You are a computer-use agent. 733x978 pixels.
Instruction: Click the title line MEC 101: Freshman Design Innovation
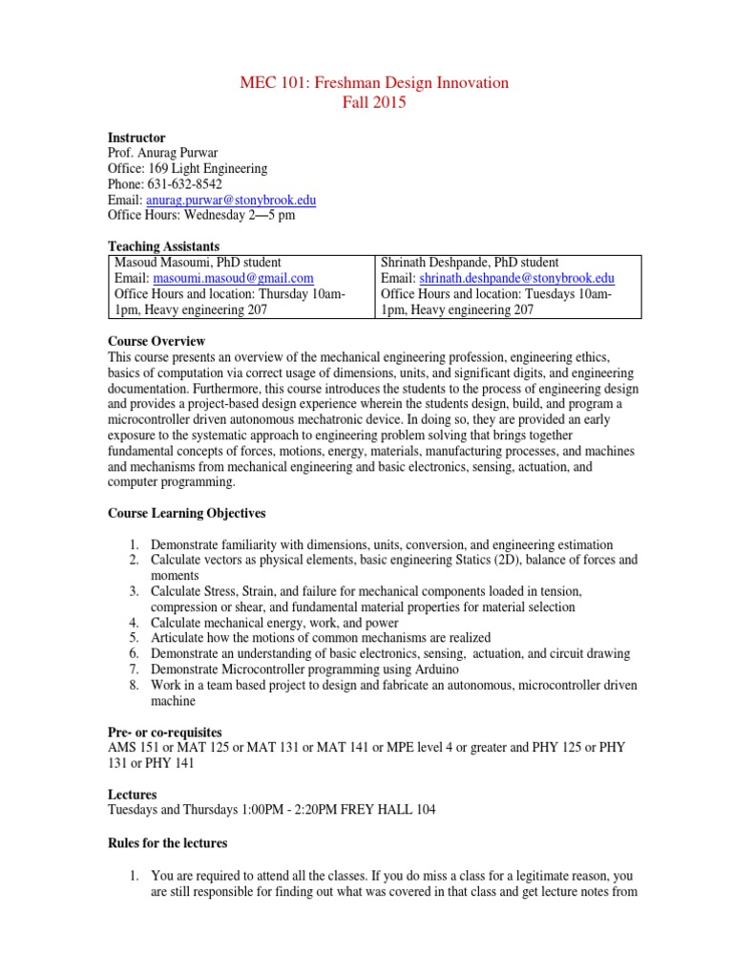[x=373, y=83]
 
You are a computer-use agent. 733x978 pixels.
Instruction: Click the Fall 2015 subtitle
[x=373, y=103]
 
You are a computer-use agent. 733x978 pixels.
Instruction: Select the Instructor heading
[x=136, y=138]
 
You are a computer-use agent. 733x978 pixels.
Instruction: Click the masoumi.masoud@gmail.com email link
[x=233, y=278]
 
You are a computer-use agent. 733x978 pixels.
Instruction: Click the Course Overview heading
[x=157, y=341]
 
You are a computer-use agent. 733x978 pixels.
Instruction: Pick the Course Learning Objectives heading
[x=185, y=513]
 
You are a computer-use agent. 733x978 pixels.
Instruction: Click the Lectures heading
[x=133, y=794]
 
